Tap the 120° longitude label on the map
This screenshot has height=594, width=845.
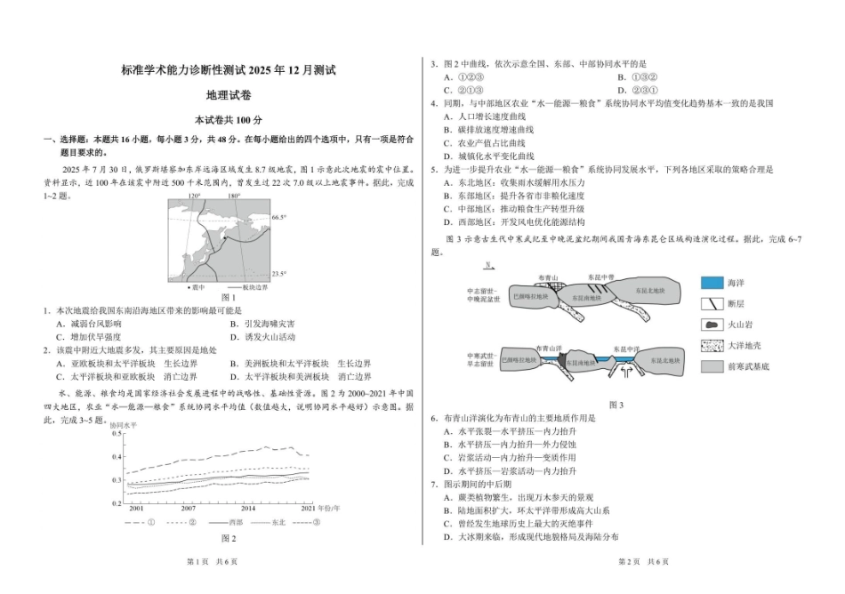(x=194, y=196)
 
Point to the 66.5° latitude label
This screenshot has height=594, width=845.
(x=278, y=217)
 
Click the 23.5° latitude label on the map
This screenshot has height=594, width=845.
(x=278, y=274)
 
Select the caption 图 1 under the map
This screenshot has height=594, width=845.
(x=228, y=297)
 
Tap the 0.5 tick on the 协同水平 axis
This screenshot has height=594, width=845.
(x=117, y=434)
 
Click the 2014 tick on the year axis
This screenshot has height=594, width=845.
(x=248, y=508)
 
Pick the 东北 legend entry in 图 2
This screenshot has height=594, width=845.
(x=278, y=522)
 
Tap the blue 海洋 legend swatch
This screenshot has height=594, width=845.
(x=712, y=282)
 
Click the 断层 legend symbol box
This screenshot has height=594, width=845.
(x=712, y=303)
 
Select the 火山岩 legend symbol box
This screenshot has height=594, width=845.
(x=712, y=325)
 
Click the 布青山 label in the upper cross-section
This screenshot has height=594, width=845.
(x=548, y=277)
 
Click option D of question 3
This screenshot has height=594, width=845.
(x=639, y=90)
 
